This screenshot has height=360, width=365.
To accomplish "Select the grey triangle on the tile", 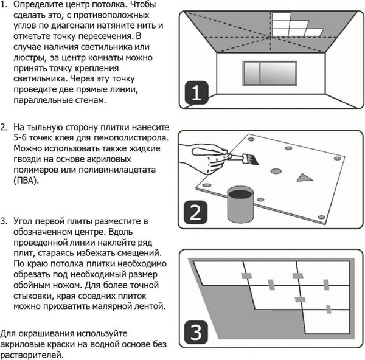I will [302, 177].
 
